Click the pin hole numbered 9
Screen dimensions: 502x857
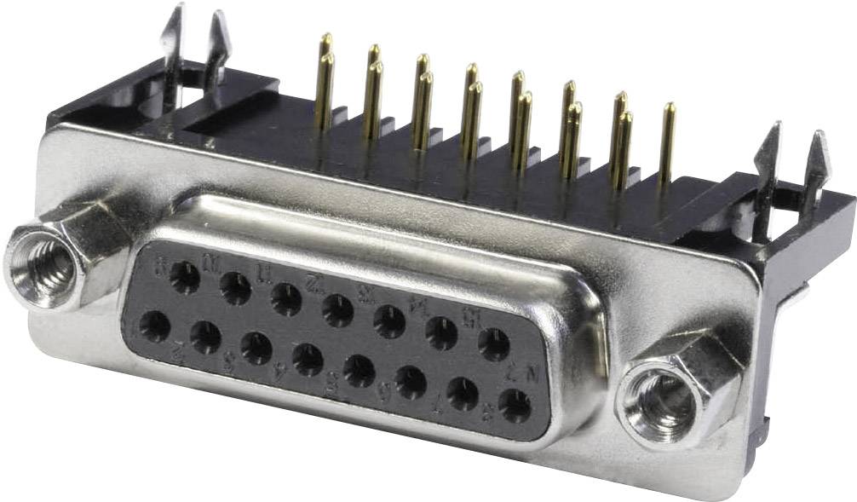pos(184,277)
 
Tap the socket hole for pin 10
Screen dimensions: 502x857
pos(235,288)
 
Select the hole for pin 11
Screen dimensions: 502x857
pos(286,300)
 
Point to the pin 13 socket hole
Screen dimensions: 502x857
pos(389,321)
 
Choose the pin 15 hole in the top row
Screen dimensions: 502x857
pos(493,344)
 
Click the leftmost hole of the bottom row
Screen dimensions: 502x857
pos(155,326)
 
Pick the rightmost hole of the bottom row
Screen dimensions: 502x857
pos(515,406)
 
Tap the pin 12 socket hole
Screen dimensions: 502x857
pos(337,310)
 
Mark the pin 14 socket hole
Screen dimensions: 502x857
pos(441,333)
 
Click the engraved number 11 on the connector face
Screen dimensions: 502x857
pos(264,274)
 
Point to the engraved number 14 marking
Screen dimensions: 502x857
pos(417,304)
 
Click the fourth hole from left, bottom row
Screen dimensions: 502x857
pos(308,360)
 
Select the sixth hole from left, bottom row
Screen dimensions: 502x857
pos(411,383)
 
